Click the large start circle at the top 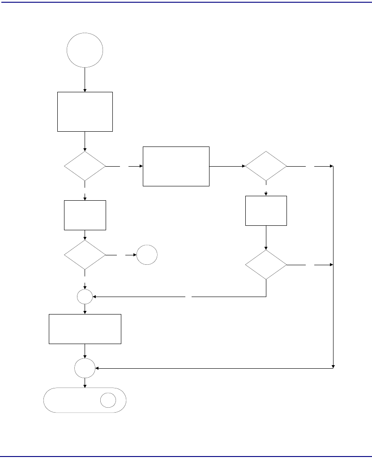click(x=85, y=50)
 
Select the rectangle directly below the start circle click(x=85, y=112)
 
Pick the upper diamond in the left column click(x=85, y=166)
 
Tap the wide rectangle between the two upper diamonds click(x=176, y=166)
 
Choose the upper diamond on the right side click(x=266, y=166)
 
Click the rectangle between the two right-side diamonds click(x=266, y=211)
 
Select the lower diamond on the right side click(x=266, y=265)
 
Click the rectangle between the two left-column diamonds click(x=85, y=215)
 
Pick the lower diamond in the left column click(x=85, y=255)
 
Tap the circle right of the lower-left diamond click(x=147, y=255)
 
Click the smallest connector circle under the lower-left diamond click(x=85, y=296)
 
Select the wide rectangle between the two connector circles click(x=85, y=329)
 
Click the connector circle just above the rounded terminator click(x=85, y=368)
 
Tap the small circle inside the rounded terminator click(x=108, y=400)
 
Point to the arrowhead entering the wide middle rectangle click(x=141, y=166)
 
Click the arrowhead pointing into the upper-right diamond click(x=243, y=166)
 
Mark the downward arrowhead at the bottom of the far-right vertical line click(x=334, y=366)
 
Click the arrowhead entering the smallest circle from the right click(x=94, y=296)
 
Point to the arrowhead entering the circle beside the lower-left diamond click(x=135, y=255)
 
